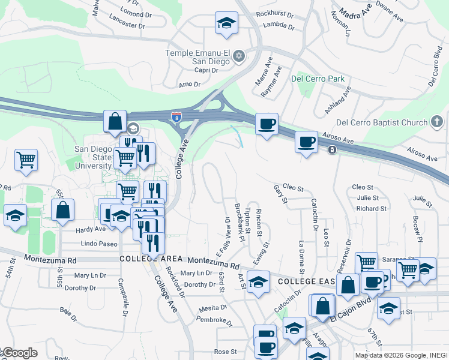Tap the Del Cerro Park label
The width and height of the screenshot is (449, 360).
click(x=318, y=79)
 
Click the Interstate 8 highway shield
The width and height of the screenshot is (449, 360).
click(x=176, y=117)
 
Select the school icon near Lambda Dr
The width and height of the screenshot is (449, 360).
click(x=227, y=23)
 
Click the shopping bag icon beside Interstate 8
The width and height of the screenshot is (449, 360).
click(x=115, y=121)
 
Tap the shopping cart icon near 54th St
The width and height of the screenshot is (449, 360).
click(x=26, y=160)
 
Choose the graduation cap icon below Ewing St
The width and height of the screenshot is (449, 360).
click(x=258, y=282)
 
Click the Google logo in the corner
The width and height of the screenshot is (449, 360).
click(x=19, y=353)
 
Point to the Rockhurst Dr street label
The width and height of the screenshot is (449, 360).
click(x=273, y=13)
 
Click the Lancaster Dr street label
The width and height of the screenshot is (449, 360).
click(x=128, y=26)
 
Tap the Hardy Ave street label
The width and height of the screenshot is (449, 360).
click(x=91, y=229)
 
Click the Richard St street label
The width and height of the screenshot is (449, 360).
click(x=371, y=209)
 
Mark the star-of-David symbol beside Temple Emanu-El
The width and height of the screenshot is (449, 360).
click(x=238, y=56)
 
